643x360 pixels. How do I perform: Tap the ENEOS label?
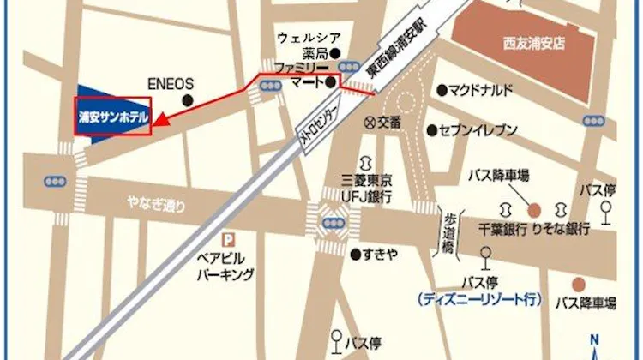(171, 85)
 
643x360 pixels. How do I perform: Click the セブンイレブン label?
(478, 130)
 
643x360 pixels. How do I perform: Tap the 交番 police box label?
(388, 123)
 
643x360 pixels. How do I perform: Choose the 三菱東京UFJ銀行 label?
(366, 189)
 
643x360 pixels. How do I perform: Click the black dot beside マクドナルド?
(442, 90)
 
